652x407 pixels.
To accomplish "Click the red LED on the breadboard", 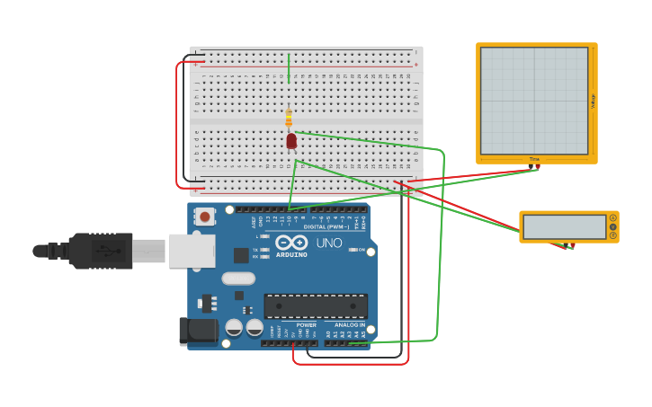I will [291, 140].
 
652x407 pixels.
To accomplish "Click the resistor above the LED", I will [289, 118].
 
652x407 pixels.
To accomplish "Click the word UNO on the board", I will [328, 243].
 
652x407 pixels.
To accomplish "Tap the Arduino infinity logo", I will [291, 243].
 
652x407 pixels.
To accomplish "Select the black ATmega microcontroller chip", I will [315, 305].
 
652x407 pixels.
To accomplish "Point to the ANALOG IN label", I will [350, 324].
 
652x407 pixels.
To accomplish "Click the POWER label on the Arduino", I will [306, 324].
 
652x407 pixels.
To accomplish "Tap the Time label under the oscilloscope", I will [534, 160].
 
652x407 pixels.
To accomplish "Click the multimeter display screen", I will [565, 227].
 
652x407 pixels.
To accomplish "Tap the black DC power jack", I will [197, 331].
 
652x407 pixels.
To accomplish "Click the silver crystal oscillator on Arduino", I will [238, 278].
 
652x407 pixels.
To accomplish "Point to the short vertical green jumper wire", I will [289, 68].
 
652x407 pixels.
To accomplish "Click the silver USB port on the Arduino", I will [192, 251].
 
